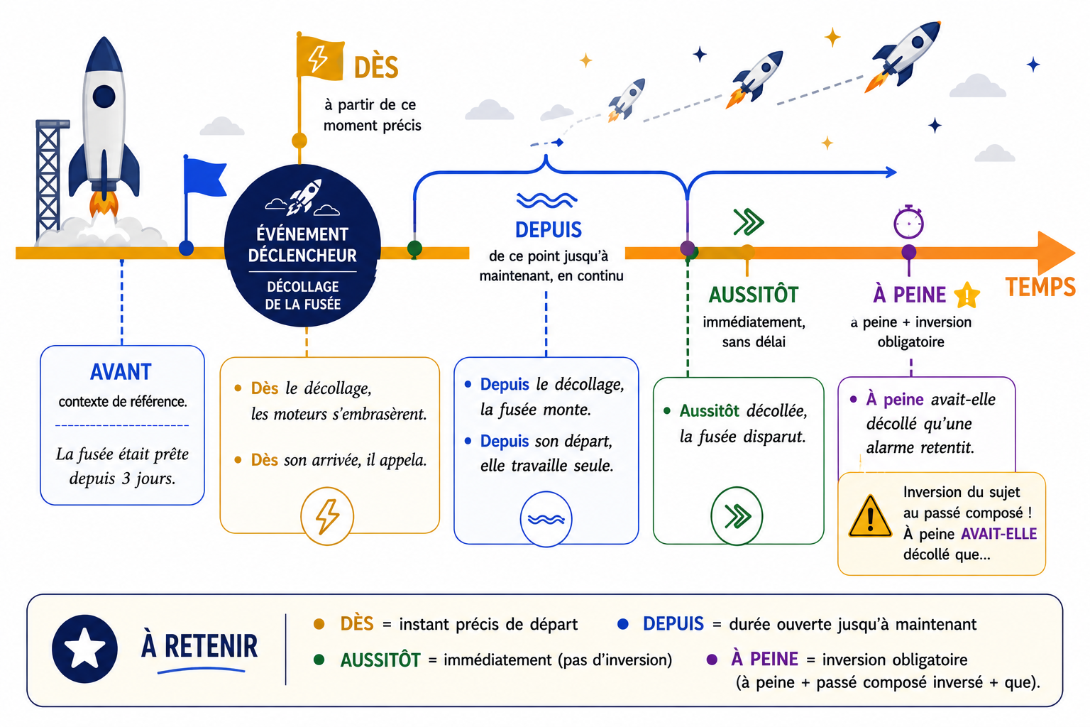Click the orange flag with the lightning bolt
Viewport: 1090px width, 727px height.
[319, 58]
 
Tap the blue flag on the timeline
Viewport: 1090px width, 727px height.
[204, 177]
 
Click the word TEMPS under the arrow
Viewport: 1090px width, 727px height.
[1040, 287]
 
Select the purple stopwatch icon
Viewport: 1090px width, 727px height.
[908, 222]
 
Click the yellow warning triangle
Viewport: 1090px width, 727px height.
[870, 517]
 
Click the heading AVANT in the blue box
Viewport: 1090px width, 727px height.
[121, 372]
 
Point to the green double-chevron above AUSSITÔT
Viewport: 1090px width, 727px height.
[749, 222]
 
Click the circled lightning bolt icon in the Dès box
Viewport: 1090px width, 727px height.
[327, 515]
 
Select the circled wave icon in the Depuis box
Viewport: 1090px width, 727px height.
[546, 519]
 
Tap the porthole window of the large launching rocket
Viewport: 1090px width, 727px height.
[104, 97]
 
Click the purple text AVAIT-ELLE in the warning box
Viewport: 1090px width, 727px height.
[999, 534]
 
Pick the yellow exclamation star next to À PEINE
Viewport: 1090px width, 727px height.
[967, 295]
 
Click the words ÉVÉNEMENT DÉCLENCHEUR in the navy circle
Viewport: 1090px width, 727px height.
[302, 245]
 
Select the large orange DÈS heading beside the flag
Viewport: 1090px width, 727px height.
[376, 67]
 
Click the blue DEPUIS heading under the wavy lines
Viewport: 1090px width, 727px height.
[549, 230]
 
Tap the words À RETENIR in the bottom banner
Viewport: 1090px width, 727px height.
[199, 646]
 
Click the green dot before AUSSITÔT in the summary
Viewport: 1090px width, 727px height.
[319, 660]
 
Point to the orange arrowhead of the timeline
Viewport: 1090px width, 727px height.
[1055, 253]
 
